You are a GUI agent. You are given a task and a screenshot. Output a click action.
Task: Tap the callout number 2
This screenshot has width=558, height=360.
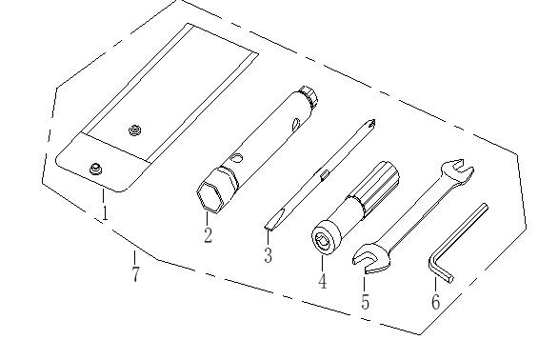coord(208,234)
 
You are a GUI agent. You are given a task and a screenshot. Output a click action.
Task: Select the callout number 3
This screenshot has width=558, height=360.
coord(268,255)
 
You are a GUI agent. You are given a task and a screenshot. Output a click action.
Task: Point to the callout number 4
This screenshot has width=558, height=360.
coord(322,281)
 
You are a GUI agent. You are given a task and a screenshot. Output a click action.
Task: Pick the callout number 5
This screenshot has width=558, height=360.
coord(365,301)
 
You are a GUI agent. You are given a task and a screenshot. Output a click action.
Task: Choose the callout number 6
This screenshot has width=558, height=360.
coord(435,301)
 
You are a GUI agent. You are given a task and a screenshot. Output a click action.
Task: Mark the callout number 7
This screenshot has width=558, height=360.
coord(135,274)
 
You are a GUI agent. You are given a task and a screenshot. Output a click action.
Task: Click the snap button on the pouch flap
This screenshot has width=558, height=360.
coord(95,169)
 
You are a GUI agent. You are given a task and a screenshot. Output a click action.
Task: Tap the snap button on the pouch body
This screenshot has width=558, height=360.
coord(134,130)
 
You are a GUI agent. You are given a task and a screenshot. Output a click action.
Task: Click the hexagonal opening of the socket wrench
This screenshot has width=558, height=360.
coord(209,198)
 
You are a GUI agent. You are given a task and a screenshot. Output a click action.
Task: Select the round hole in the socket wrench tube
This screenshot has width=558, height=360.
coord(236,157)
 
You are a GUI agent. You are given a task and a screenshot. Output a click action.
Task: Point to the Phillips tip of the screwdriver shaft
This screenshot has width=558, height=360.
coord(371,124)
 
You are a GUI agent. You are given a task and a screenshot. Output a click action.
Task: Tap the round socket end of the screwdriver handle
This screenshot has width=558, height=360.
coord(326,238)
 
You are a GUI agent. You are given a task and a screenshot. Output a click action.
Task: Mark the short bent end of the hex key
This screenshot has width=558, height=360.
coord(440,269)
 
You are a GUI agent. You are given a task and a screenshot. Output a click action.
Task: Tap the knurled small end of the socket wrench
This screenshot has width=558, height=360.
coord(309,94)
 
